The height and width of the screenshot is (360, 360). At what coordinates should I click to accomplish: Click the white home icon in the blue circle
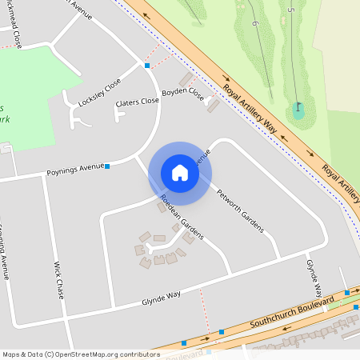[180, 173]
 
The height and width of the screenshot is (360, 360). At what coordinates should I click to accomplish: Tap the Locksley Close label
[100, 92]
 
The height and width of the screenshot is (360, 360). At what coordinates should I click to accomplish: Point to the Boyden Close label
[183, 93]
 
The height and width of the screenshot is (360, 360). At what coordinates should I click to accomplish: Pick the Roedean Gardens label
[181, 217]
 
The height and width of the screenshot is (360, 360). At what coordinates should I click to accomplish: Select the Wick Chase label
[58, 279]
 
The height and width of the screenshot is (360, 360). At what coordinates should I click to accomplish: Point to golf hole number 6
[254, 23]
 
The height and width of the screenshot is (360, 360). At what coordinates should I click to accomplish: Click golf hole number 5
[290, 10]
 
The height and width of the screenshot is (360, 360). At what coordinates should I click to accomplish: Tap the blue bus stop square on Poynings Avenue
[107, 166]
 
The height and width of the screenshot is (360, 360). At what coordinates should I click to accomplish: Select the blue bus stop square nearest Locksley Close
[147, 66]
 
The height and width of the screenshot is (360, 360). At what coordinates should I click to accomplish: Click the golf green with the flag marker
[298, 110]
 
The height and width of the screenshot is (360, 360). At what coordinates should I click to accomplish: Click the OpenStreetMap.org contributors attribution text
[104, 354]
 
